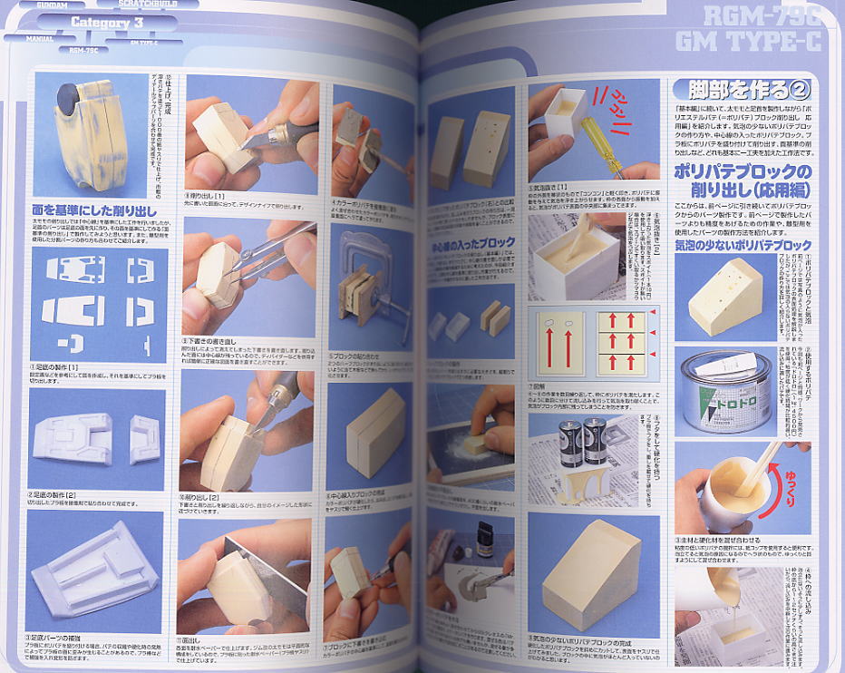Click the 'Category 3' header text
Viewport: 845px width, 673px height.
coord(102,23)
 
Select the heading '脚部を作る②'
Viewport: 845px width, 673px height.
coord(735,91)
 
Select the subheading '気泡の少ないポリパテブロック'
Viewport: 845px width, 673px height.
coord(743,245)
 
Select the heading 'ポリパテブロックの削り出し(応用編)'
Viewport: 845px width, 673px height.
coord(743,181)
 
